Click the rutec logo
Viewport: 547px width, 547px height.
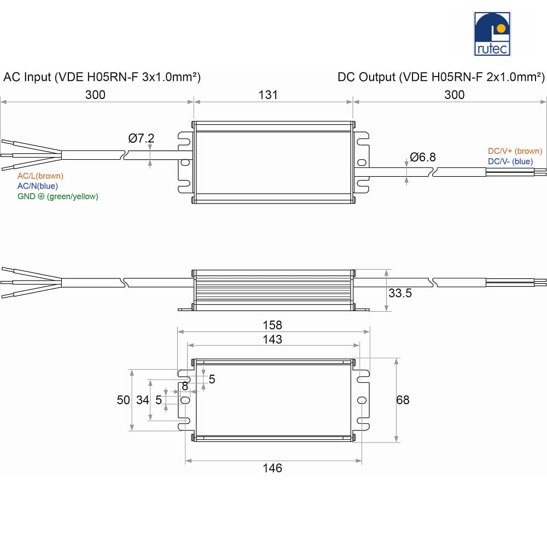pos(492,34)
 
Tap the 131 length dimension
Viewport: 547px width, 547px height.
pos(268,95)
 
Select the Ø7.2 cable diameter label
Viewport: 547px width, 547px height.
pos(141,138)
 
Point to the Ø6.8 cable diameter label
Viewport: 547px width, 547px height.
pos(423,157)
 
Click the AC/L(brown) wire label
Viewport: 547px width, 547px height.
pos(40,176)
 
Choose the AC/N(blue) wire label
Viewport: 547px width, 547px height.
pos(38,186)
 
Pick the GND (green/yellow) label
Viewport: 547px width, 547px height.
pos(58,196)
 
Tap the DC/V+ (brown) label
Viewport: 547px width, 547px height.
pos(515,151)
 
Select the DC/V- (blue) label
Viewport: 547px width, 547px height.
pos(510,161)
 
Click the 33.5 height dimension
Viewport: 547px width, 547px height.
pos(400,293)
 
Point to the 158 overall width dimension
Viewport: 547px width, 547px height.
pos(272,325)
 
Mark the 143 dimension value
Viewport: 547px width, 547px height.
pos(272,339)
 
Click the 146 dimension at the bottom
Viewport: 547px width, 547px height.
pos(272,468)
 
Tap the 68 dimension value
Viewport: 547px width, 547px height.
pos(403,400)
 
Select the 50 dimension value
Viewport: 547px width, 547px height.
pos(123,400)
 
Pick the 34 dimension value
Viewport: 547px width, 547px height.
pos(143,400)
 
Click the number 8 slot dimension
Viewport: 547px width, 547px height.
pos(185,386)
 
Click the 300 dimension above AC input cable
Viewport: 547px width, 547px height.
pos(95,95)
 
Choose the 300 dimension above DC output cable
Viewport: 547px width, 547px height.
pos(454,95)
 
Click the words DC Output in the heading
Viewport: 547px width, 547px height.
pos(366,77)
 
